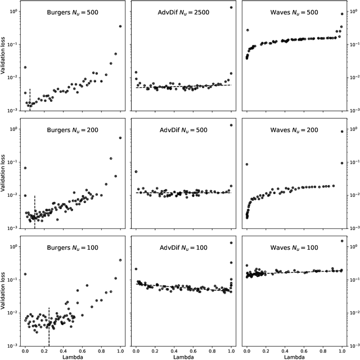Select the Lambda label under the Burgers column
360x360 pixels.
[73, 356]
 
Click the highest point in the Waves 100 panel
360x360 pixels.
[342, 241]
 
